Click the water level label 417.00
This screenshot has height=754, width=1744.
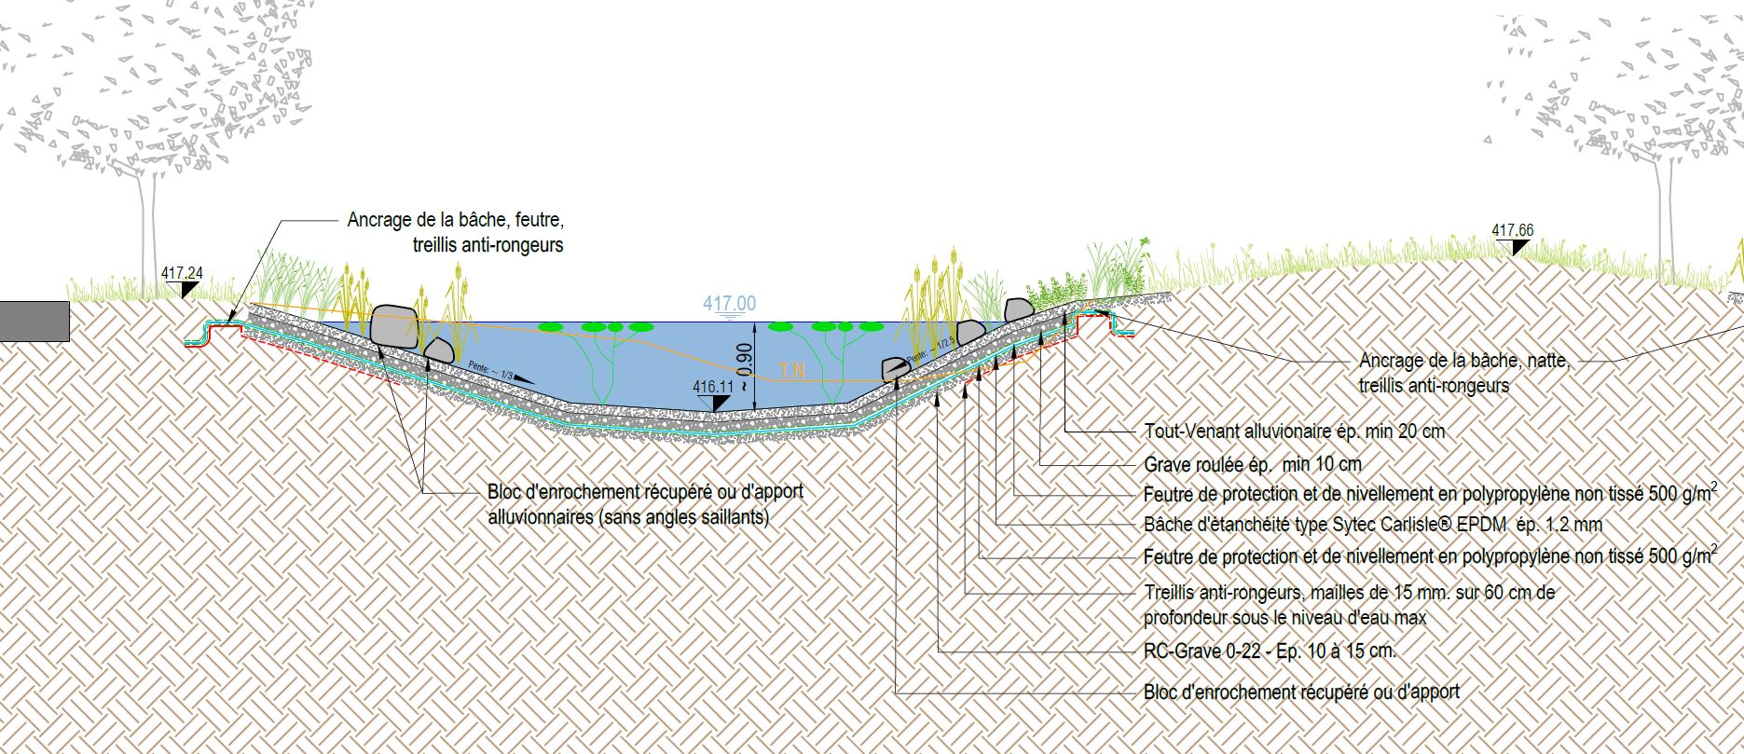(x=730, y=304)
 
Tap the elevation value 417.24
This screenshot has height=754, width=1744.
(x=182, y=273)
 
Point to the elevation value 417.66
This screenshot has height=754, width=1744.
(x=1513, y=230)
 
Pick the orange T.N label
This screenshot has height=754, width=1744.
(x=792, y=370)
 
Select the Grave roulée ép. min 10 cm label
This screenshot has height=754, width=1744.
(x=1252, y=464)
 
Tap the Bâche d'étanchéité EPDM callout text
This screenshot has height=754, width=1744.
(x=1372, y=525)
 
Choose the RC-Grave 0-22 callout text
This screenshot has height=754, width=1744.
(x=1270, y=651)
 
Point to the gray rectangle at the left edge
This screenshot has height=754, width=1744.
(x=34, y=322)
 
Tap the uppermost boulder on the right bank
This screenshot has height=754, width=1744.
(x=1018, y=309)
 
